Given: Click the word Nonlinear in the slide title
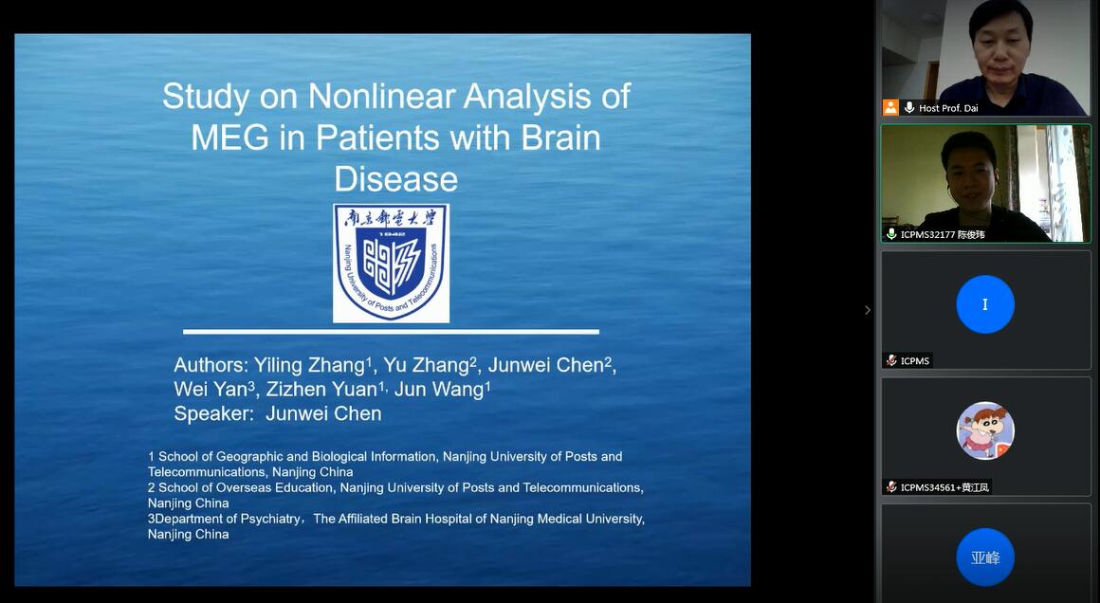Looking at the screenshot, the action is (x=381, y=96).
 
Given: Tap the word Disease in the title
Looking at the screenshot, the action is (x=395, y=179).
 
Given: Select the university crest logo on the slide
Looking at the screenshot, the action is (x=391, y=263).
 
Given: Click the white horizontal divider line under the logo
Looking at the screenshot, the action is (x=391, y=331).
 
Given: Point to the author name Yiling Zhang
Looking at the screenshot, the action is (x=309, y=365).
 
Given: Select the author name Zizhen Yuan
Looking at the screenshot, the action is (x=322, y=389).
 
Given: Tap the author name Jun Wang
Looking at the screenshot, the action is (x=439, y=389).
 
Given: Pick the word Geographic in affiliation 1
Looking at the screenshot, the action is (x=249, y=456).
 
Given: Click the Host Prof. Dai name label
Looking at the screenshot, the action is (x=947, y=108).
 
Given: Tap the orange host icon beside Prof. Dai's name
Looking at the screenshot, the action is (x=891, y=107).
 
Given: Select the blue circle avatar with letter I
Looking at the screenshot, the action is (x=985, y=304).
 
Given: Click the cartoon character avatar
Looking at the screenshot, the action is (x=985, y=430).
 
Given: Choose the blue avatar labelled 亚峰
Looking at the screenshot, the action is (x=985, y=557).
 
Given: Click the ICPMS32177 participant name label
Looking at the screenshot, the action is (x=943, y=234).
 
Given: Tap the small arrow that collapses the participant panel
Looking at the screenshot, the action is (x=868, y=310).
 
